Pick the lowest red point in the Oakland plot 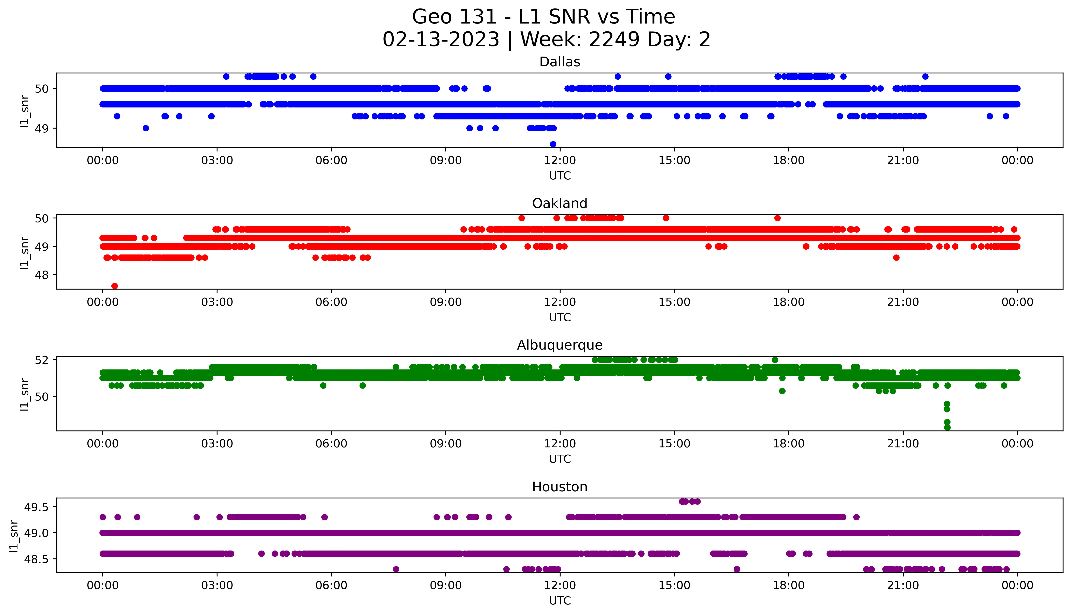[x=114, y=286]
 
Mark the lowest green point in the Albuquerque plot [x=947, y=427]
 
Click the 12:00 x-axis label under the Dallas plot [x=560, y=161]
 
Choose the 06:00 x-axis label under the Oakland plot [x=331, y=302]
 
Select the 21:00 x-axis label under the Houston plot [x=903, y=585]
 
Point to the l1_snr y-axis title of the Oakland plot [x=25, y=253]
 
